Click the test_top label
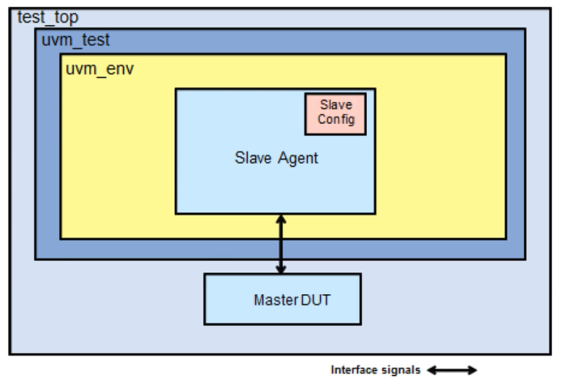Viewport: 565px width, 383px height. pos(48,17)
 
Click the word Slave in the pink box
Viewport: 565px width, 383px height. pos(336,105)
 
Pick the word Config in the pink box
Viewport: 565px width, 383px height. pos(336,119)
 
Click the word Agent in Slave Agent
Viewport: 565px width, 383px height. pos(298,158)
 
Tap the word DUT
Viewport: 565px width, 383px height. pos(315,300)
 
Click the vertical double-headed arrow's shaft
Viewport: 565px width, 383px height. pos(280,244)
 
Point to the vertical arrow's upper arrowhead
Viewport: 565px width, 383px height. pos(280,219)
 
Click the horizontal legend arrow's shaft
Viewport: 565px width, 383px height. pos(452,370)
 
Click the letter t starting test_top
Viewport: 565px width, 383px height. pos(20,17)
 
